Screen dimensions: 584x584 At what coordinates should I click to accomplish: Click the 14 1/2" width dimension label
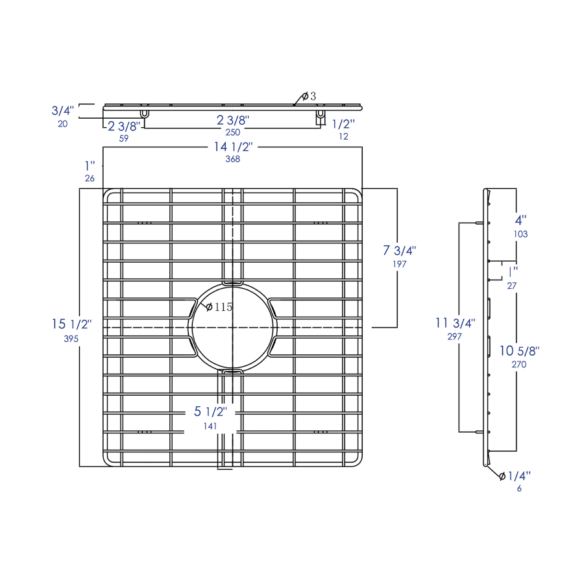[233, 147]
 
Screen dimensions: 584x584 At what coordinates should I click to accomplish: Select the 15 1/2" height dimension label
[71, 324]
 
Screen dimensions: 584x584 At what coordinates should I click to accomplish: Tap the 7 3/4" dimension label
[399, 250]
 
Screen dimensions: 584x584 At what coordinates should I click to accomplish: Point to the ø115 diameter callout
[219, 307]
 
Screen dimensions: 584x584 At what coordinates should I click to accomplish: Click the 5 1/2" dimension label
[210, 411]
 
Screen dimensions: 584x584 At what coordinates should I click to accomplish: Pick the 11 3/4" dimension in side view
[455, 323]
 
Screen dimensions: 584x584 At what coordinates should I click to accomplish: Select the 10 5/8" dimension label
[519, 351]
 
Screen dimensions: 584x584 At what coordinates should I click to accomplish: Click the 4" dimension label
[520, 220]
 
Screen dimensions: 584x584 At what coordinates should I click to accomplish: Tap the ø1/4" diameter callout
[515, 476]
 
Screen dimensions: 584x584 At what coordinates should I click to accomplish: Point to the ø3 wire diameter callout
[309, 97]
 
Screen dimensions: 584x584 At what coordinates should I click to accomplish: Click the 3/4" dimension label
[62, 110]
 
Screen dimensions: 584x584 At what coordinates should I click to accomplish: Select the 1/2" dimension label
[343, 124]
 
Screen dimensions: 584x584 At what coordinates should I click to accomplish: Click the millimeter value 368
[233, 159]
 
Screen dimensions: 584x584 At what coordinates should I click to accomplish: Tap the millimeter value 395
[71, 339]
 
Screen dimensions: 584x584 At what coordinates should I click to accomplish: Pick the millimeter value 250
[233, 132]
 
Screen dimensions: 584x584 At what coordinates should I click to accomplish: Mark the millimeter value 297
[454, 337]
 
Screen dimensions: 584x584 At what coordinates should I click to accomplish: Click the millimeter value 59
[124, 139]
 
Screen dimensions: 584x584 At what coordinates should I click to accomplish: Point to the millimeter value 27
[512, 286]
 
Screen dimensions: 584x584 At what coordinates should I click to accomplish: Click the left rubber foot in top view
[145, 113]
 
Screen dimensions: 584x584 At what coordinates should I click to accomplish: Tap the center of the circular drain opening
[233, 328]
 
